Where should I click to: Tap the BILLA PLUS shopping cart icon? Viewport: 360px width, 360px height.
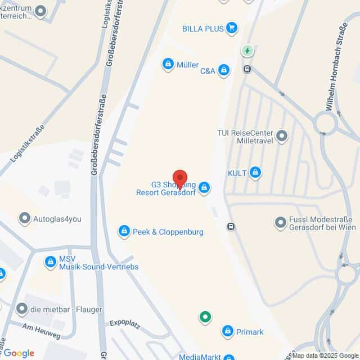pos(231,28)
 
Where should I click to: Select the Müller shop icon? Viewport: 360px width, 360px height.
pos(168,65)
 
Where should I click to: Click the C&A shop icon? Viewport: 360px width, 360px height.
pos(224,70)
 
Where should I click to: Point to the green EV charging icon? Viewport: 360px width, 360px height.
pos(247,51)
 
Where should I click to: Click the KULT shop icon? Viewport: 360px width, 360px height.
pos(256,173)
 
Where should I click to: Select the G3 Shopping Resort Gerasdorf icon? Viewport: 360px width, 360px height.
pos(204,187)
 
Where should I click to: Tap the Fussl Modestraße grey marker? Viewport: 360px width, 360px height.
pos(280,223)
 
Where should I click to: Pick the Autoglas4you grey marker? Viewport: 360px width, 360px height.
pos(24,218)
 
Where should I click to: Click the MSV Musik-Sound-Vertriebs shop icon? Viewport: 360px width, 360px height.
pos(50,262)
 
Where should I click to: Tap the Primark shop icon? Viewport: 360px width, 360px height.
pos(227,331)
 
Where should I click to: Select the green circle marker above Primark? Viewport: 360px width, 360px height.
pos(205,317)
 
